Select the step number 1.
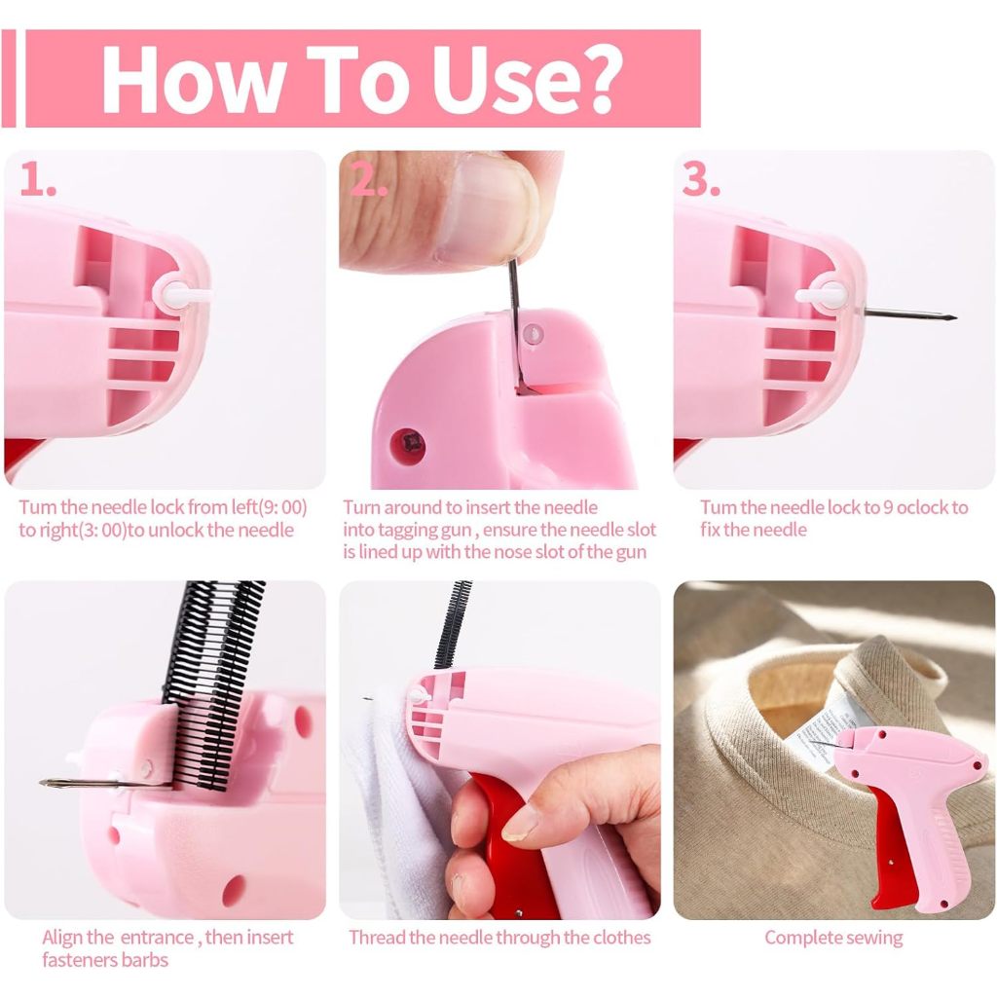pyautogui.click(x=38, y=179)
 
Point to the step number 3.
pyautogui.click(x=701, y=179)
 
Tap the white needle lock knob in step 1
pyautogui.click(x=184, y=294)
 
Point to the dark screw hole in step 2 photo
pyautogui.click(x=407, y=444)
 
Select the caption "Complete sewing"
pyautogui.click(x=833, y=938)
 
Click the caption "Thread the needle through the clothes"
pyautogui.click(x=499, y=938)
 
